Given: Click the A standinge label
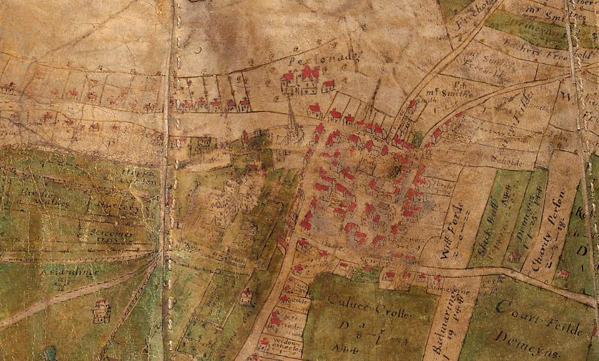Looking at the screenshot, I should (69, 271).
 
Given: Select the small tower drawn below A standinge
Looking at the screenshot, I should (101, 311).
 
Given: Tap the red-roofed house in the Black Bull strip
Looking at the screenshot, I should (513, 257).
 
